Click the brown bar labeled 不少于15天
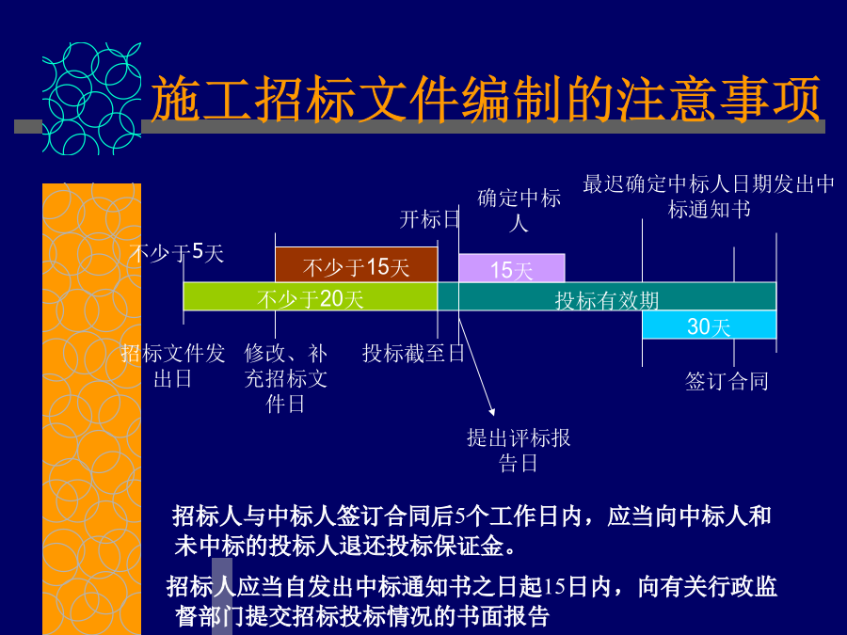[356, 264]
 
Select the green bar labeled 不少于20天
[310, 296]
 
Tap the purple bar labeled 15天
[512, 268]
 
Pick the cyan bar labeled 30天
[710, 325]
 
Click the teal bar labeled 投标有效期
[607, 296]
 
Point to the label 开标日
[429, 219]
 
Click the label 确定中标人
[519, 210]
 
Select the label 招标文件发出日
[173, 366]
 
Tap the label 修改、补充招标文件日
[286, 378]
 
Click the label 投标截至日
[413, 353]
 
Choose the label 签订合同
[727, 381]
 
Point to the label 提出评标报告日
[519, 451]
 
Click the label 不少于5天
[176, 252]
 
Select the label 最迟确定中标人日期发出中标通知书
[709, 197]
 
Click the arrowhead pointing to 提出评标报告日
[492, 413]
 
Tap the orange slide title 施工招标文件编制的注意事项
[486, 98]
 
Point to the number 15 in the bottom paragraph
[553, 587]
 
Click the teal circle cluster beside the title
[92, 99]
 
